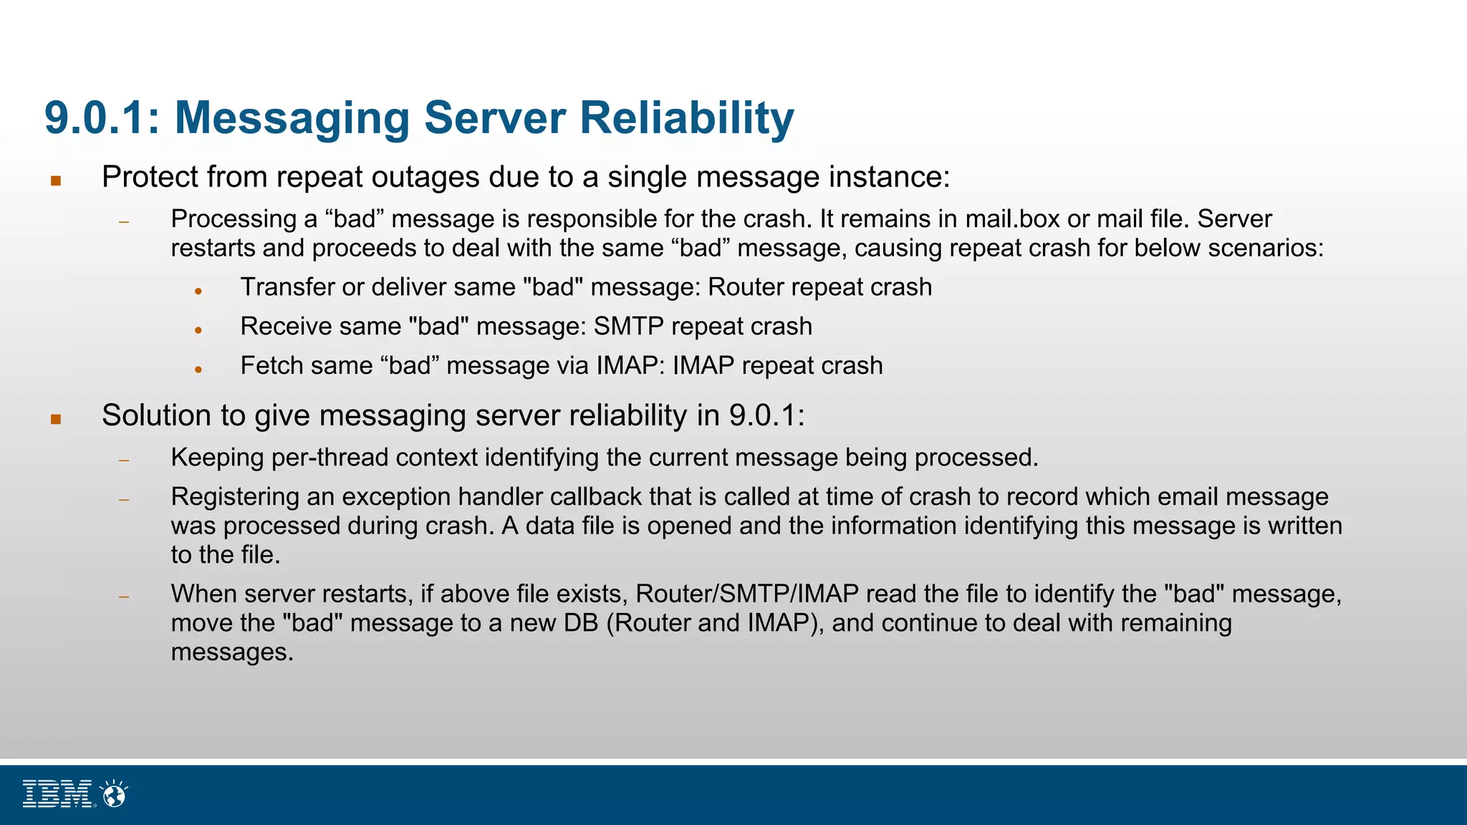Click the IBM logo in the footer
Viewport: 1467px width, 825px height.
point(57,793)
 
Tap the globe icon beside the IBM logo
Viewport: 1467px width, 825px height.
point(114,793)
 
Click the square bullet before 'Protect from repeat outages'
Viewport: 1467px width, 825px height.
point(56,180)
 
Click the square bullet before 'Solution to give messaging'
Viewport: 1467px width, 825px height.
point(56,419)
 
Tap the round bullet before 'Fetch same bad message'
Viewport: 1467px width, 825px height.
point(198,370)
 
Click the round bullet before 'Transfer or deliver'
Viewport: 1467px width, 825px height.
point(198,291)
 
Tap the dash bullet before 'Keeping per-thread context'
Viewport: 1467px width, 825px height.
point(124,460)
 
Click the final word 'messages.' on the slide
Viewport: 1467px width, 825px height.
point(232,652)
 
